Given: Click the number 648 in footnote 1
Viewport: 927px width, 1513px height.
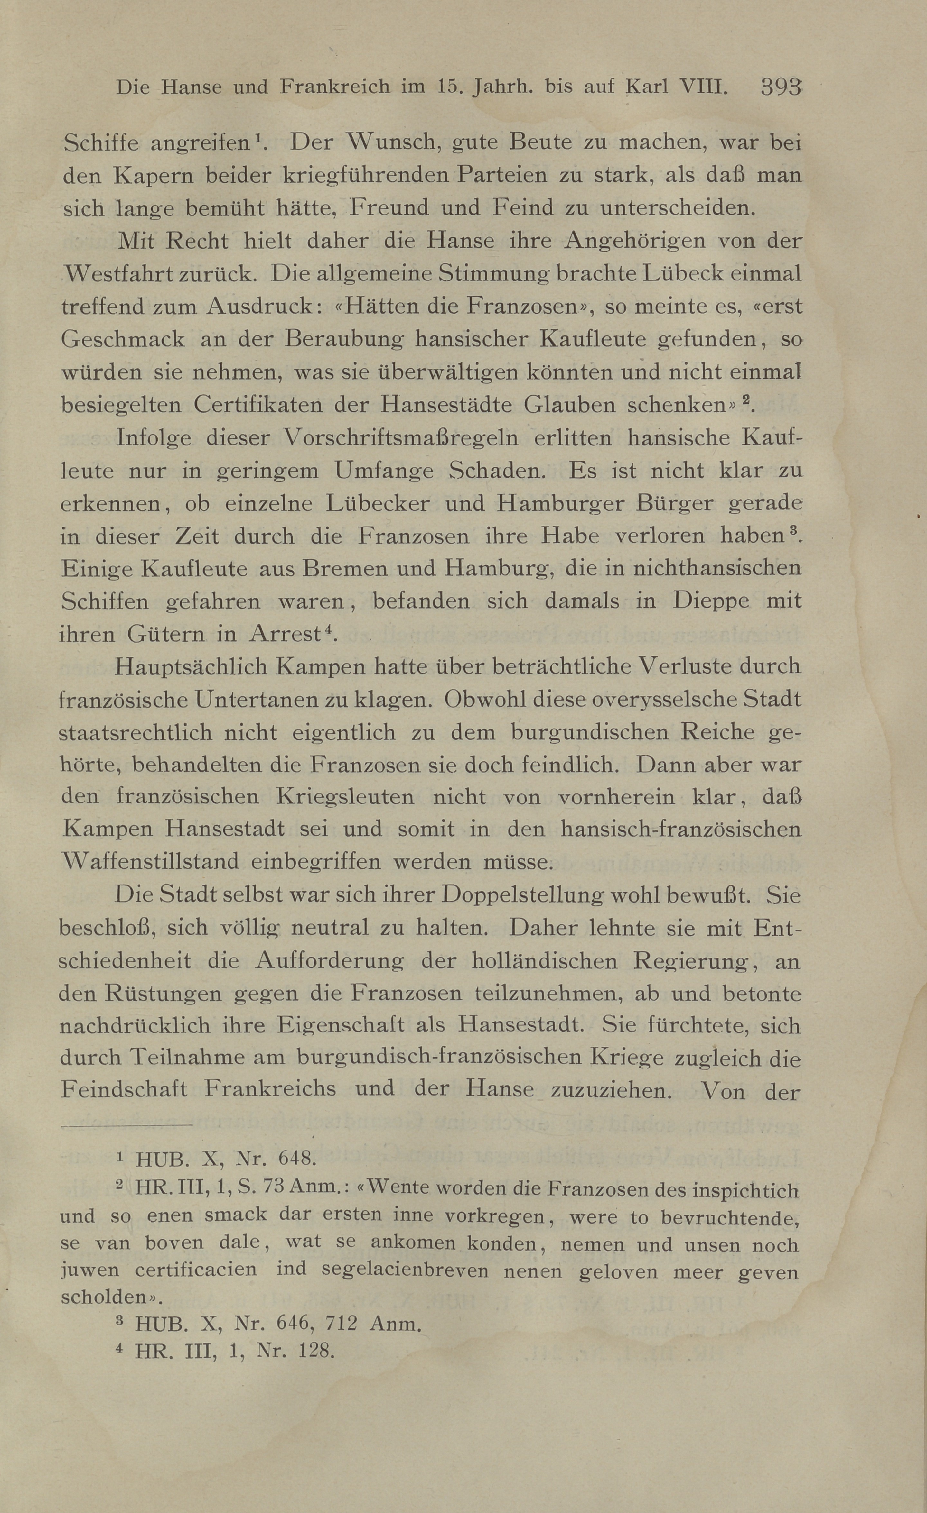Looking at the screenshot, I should tap(297, 1158).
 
